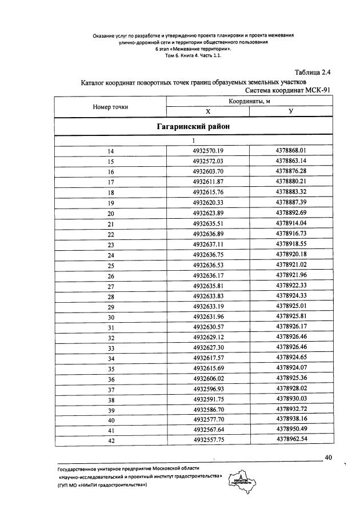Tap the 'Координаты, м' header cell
[249, 102]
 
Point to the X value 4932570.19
[208, 151]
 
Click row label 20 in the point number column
[111, 213]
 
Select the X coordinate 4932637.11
[208, 244]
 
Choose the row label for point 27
[111, 286]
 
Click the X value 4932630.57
[208, 327]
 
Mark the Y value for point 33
[291, 347]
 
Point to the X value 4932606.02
[208, 379]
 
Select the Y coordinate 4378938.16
[291, 420]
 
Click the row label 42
[111, 441]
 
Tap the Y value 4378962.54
[291, 440]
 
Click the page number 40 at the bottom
[328, 457]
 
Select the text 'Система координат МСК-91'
[288, 90]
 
